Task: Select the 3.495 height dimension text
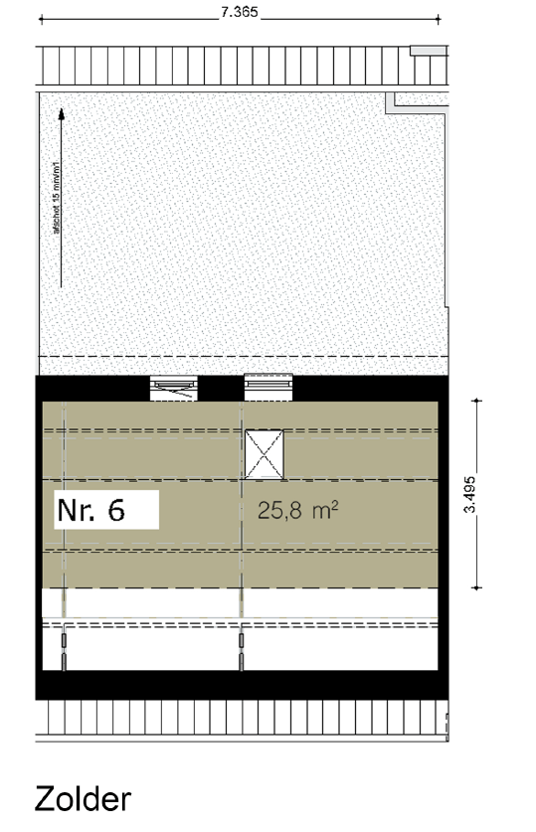478,492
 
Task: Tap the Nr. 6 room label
90,510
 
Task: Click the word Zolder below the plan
83,799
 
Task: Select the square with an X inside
265,454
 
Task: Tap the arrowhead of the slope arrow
62,114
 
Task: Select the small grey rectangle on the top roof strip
428,49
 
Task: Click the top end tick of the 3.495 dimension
478,401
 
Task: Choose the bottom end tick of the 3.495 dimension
478,586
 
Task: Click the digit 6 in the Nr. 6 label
115,510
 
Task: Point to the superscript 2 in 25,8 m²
335,505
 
